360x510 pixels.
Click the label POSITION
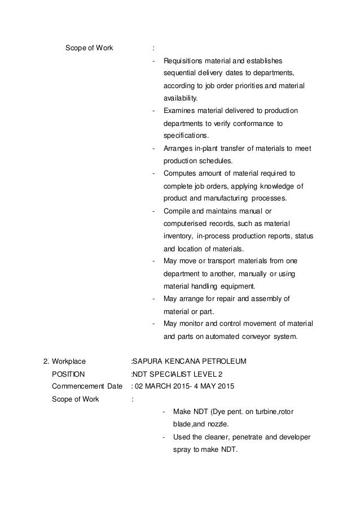[68, 374]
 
